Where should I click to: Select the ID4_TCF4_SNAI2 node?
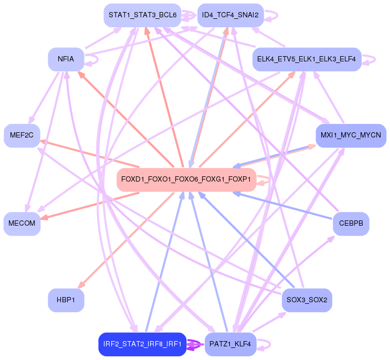[x=230, y=15]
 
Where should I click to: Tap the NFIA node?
[x=66, y=59]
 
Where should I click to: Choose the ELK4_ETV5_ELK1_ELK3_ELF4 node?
[x=307, y=60]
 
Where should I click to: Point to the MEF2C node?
[x=22, y=135]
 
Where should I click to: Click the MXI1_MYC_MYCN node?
[x=351, y=135]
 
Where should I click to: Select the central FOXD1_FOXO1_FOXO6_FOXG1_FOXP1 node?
[x=186, y=179]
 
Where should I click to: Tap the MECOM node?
[x=22, y=224]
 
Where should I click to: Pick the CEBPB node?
[x=351, y=224]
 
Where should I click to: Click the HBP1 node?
[x=66, y=300]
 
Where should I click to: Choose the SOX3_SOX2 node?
[x=307, y=300]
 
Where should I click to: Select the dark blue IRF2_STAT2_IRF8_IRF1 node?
[x=142, y=344]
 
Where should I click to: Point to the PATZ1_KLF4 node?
[x=230, y=344]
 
